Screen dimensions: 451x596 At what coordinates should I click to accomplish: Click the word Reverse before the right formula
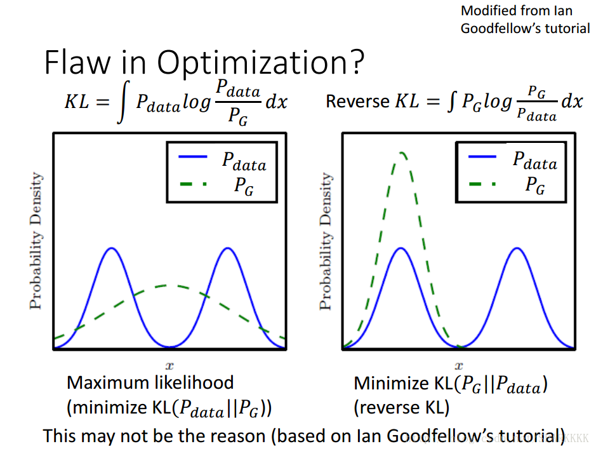(357, 102)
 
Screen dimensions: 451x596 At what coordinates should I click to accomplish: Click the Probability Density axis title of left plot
(37, 241)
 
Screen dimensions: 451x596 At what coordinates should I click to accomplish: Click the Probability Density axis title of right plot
(326, 241)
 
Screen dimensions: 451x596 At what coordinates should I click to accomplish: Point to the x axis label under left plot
(169, 365)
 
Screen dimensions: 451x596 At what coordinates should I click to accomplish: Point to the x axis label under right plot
(458, 365)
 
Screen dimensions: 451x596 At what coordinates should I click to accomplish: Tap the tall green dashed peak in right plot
(401, 154)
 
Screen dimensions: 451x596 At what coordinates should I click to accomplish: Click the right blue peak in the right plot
(517, 248)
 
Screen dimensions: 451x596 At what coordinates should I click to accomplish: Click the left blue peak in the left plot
(112, 248)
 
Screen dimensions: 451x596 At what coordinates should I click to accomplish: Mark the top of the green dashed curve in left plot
(169, 286)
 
